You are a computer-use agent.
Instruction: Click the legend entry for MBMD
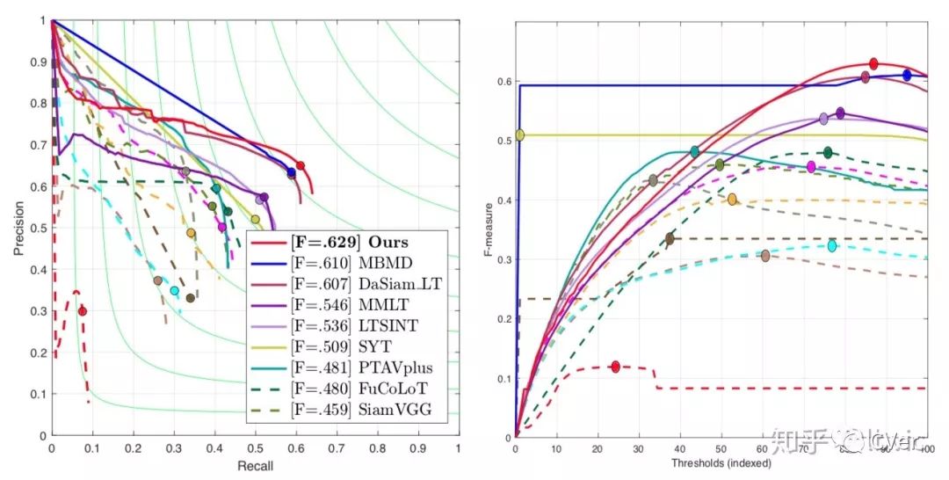pyautogui.click(x=347, y=262)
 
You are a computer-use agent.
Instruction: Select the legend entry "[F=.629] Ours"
pyautogui.click(x=346, y=242)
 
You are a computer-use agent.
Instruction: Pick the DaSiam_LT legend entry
pyautogui.click(x=347, y=283)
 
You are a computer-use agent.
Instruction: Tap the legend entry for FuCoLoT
pyautogui.click(x=347, y=388)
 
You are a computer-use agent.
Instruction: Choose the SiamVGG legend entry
pyautogui.click(x=347, y=409)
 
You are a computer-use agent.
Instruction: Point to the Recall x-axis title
pyautogui.click(x=255, y=465)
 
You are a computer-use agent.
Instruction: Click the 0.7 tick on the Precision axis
pyautogui.click(x=36, y=145)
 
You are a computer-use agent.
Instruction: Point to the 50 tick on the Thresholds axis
pyautogui.click(x=721, y=449)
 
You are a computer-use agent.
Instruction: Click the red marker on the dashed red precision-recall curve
pyautogui.click(x=82, y=311)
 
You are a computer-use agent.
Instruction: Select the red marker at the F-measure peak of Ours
pyautogui.click(x=873, y=63)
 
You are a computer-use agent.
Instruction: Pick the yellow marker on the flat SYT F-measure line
pyautogui.click(x=519, y=135)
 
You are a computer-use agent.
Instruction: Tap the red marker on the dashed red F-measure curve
pyautogui.click(x=615, y=367)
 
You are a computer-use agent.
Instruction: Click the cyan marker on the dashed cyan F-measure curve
pyautogui.click(x=832, y=246)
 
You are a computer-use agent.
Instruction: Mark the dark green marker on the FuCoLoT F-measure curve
pyautogui.click(x=827, y=152)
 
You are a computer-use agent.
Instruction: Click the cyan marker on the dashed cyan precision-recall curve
pyautogui.click(x=174, y=291)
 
